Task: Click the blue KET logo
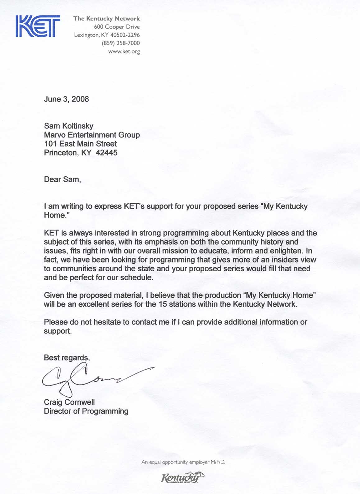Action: (38, 27)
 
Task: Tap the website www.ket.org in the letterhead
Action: (124, 52)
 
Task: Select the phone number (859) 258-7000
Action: (121, 43)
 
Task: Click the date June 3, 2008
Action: (66, 99)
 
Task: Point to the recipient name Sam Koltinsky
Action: (68, 126)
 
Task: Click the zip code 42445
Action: (107, 153)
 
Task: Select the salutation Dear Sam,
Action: (62, 179)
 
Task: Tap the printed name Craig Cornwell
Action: (69, 402)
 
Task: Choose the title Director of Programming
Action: (86, 411)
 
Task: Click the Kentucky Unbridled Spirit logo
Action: (183, 478)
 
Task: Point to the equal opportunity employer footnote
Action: (183, 462)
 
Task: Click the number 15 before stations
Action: (163, 304)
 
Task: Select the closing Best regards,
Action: (67, 358)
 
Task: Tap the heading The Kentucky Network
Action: (106, 19)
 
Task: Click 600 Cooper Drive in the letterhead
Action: (117, 27)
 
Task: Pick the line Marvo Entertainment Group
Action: (92, 135)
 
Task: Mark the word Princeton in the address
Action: (61, 153)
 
